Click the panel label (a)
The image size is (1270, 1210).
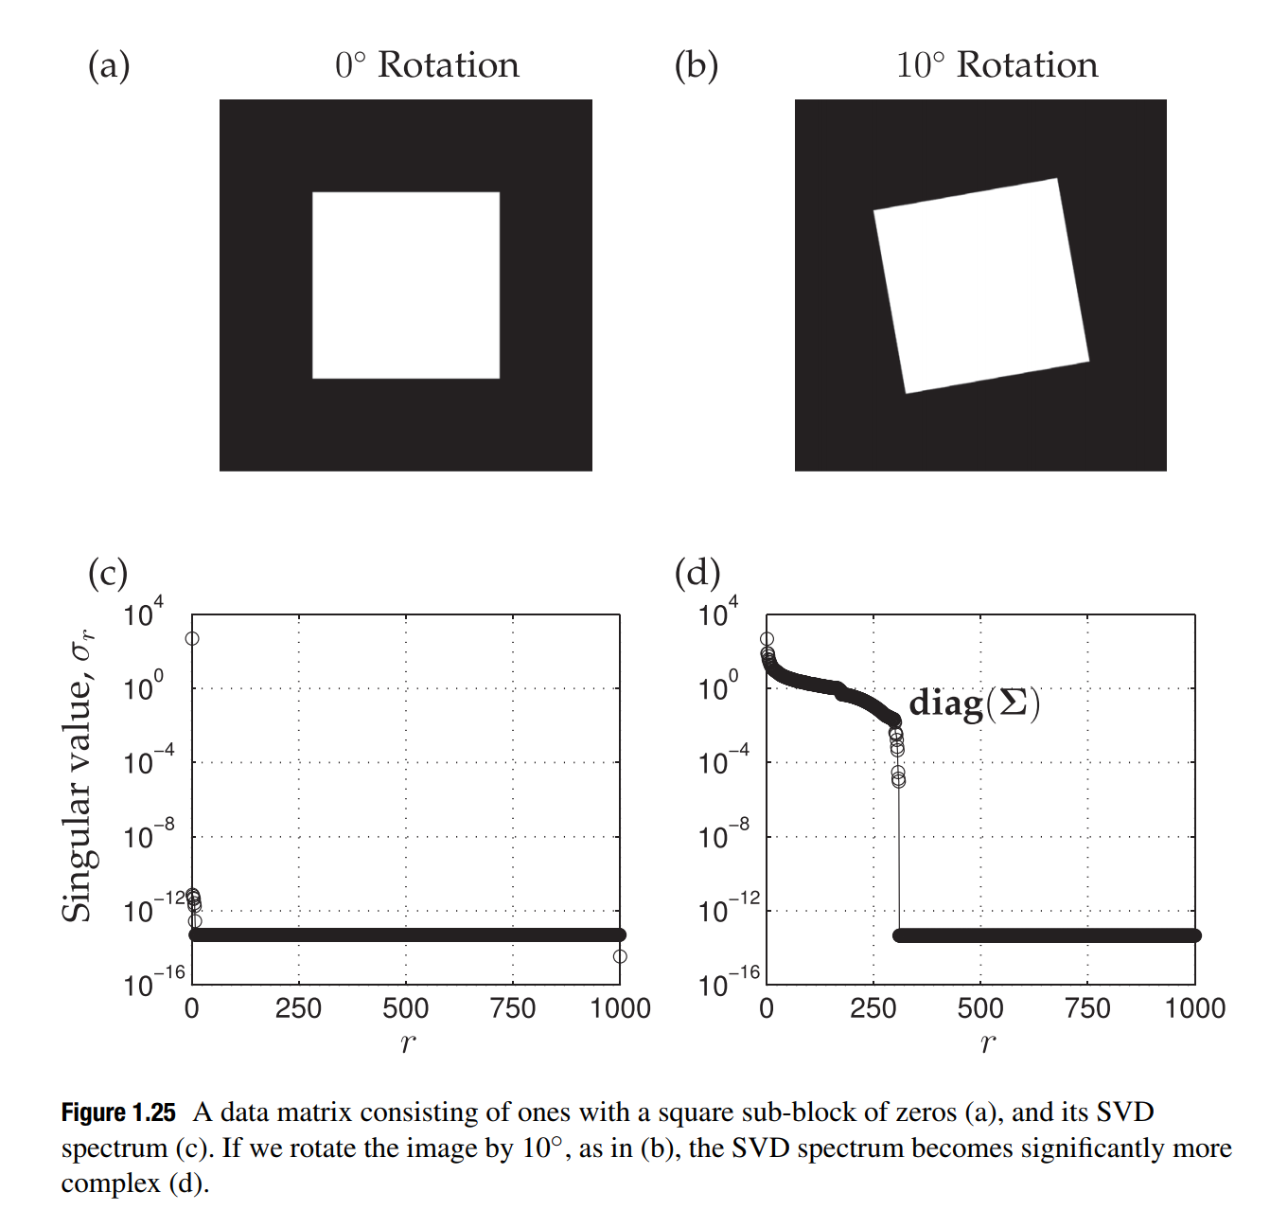pyautogui.click(x=109, y=65)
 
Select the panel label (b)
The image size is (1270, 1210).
pyautogui.click(x=696, y=65)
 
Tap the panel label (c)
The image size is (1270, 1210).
pyautogui.click(x=107, y=573)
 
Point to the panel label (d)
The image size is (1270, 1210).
pyautogui.click(x=697, y=573)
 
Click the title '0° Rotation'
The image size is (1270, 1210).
pyautogui.click(x=427, y=65)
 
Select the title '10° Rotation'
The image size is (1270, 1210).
pyautogui.click(x=997, y=65)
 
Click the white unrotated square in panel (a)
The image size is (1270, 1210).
pyautogui.click(x=406, y=285)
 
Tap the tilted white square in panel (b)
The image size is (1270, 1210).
pyautogui.click(x=980, y=285)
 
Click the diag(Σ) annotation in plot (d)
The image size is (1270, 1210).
pyautogui.click(x=974, y=703)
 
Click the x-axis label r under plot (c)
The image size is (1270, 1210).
pyautogui.click(x=408, y=1042)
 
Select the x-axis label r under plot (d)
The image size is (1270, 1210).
pyautogui.click(x=987, y=1042)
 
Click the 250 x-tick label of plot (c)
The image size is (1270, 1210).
pyautogui.click(x=298, y=1008)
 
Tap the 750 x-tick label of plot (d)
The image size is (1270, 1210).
pyautogui.click(x=1087, y=1008)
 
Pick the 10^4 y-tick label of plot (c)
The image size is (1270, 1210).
pyautogui.click(x=143, y=614)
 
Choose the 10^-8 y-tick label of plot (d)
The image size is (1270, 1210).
pyautogui.click(x=723, y=836)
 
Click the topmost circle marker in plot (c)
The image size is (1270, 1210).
pyautogui.click(x=192, y=638)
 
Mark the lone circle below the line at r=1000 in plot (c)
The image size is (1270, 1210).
pyautogui.click(x=620, y=956)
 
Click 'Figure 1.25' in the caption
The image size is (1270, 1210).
pyautogui.click(x=118, y=1112)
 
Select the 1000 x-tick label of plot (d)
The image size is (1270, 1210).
pyautogui.click(x=1194, y=1008)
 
